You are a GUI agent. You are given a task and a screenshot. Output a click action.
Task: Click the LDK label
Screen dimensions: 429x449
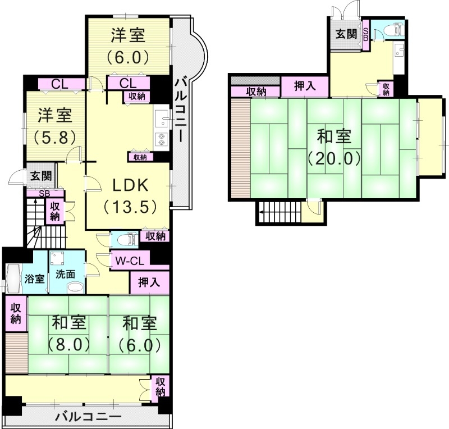tap(127, 185)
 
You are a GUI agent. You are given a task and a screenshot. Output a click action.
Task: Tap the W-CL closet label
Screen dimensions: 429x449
tap(130, 261)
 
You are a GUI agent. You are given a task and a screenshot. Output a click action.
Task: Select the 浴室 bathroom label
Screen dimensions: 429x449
tap(35, 279)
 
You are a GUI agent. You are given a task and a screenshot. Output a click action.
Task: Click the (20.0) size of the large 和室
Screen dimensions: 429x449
tap(333, 159)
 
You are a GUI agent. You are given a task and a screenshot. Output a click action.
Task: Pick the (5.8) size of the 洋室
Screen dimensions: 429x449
tap(54, 136)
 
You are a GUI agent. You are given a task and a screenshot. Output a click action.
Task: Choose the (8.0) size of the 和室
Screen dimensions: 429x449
tap(68, 344)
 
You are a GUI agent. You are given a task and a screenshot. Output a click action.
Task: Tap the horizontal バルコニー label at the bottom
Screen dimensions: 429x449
tap(89, 417)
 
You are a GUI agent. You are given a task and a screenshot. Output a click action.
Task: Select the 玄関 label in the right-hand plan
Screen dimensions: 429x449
tap(346, 33)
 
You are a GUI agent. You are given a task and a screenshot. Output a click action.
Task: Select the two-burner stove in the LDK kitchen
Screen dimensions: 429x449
tap(161, 138)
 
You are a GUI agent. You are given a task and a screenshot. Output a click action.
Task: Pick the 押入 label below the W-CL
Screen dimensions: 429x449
tap(149, 282)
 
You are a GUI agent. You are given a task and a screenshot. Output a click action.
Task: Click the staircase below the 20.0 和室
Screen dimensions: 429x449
tap(278, 213)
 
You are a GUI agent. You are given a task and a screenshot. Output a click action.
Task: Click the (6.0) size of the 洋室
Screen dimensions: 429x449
tap(127, 56)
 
